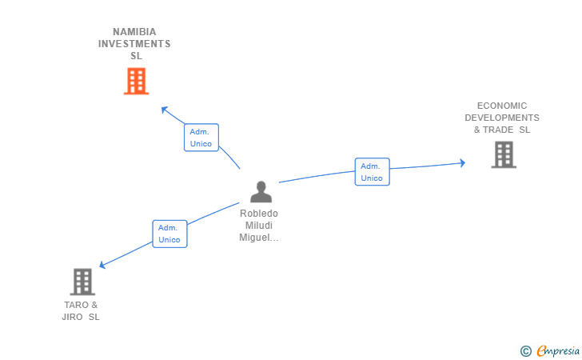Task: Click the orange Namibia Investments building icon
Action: pyautogui.click(x=137, y=81)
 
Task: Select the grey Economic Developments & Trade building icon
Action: pyautogui.click(x=503, y=154)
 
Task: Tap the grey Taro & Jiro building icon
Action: pyautogui.click(x=82, y=282)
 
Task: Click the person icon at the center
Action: pyautogui.click(x=261, y=192)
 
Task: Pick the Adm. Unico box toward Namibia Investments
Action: pyautogui.click(x=201, y=138)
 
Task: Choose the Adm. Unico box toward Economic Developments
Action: pyautogui.click(x=372, y=172)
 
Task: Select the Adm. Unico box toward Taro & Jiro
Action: pyautogui.click(x=169, y=234)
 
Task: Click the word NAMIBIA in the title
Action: pyautogui.click(x=135, y=32)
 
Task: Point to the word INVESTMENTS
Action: pyautogui.click(x=134, y=44)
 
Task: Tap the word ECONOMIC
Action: pyautogui.click(x=502, y=106)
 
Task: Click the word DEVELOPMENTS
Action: pyautogui.click(x=502, y=118)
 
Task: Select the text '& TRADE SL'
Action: pyautogui.click(x=502, y=130)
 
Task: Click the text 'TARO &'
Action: pyautogui.click(x=81, y=305)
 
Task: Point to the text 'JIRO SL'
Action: pyautogui.click(x=81, y=317)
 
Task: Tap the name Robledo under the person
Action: pyautogui.click(x=260, y=214)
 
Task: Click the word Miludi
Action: pyautogui.click(x=260, y=226)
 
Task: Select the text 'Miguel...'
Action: pyautogui.click(x=260, y=238)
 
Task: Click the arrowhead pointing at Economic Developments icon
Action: pyautogui.click(x=461, y=163)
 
